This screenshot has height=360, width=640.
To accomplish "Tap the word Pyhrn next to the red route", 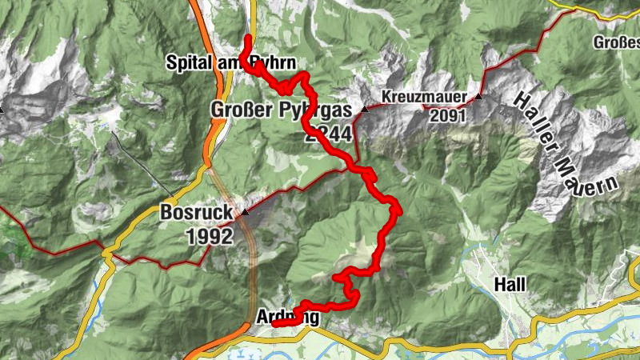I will point(275,62).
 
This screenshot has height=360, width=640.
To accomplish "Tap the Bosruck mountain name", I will point(197,214).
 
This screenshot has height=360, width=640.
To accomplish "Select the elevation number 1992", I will point(209,237).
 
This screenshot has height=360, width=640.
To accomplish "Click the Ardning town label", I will point(288,318).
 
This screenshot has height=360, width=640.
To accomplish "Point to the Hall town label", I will point(510,284).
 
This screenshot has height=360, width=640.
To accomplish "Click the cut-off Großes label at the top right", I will point(617,41).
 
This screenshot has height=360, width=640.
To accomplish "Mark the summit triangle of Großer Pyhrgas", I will point(365,108).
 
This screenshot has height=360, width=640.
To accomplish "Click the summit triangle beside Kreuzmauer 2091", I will point(478,97).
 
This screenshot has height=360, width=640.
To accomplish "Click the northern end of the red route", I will point(250,38).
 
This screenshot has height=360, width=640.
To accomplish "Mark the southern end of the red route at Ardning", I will point(274,325).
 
